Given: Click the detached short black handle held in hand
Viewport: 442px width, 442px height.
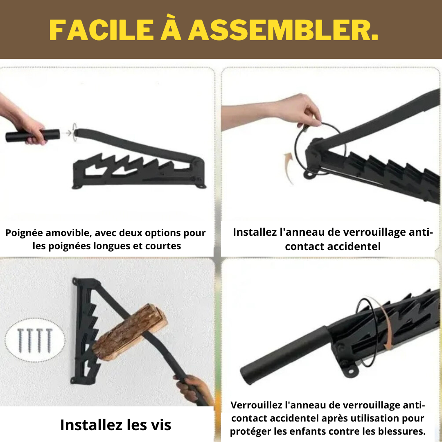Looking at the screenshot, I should pyautogui.click(x=33, y=135).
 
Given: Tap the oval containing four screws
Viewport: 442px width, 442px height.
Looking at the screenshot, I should pyautogui.click(x=35, y=340).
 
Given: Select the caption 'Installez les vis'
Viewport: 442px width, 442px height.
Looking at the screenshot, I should pyautogui.click(x=115, y=425).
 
